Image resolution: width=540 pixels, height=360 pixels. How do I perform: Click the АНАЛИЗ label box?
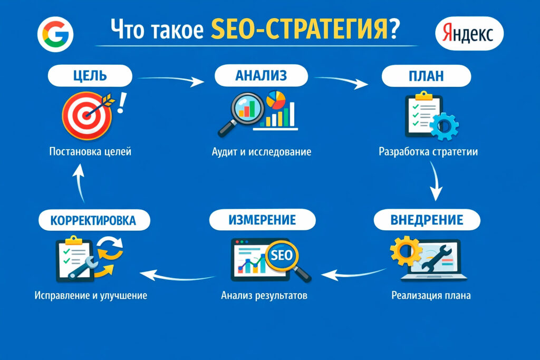[x=261, y=76]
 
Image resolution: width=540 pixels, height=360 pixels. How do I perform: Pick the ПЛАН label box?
[x=426, y=76]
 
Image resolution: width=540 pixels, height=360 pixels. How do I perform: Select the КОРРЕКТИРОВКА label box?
[x=92, y=219]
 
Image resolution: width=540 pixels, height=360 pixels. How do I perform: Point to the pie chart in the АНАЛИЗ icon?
[x=276, y=99]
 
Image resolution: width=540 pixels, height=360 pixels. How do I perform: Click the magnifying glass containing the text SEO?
[x=279, y=256]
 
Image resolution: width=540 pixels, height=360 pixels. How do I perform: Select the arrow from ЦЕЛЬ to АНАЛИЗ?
[x=172, y=80]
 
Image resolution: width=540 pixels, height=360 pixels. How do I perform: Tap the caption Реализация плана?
[x=431, y=295]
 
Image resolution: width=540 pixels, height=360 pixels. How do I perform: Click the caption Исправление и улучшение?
[x=91, y=295]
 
